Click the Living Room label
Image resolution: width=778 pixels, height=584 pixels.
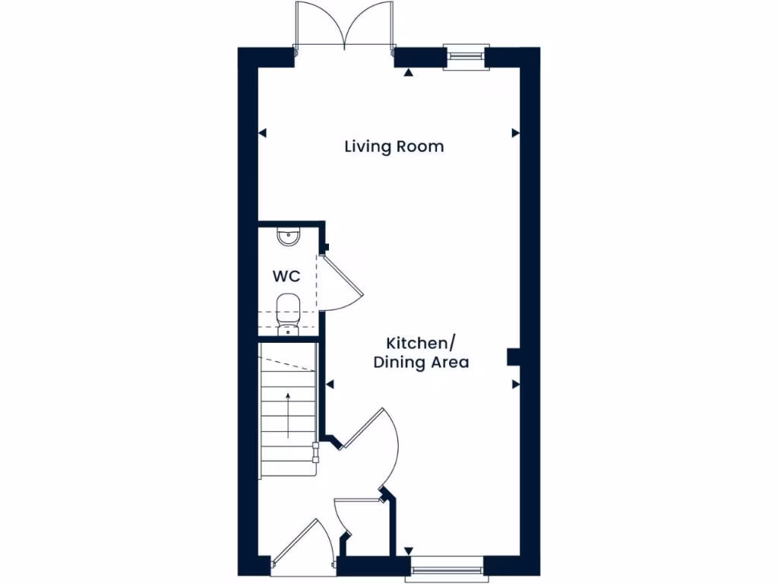coord(394,146)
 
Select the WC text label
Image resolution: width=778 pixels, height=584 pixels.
coord(286,276)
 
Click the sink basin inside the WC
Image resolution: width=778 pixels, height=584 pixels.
coord(289,237)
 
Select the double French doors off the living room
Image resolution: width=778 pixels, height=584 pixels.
coord(344,27)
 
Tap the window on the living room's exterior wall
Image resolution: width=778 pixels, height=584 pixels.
coord(463,55)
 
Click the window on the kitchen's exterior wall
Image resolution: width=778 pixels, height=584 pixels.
coord(446,567)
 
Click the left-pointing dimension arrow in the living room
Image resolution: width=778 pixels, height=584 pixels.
coord(263,133)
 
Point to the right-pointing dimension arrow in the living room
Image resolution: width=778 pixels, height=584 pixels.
coord(515,133)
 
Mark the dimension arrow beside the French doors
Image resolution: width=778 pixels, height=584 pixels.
coord(409,73)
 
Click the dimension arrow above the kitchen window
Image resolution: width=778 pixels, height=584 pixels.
coord(409,551)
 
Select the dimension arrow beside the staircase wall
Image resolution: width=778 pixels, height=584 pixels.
coord(330,385)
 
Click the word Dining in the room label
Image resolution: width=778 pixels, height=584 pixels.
coord(400,362)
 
